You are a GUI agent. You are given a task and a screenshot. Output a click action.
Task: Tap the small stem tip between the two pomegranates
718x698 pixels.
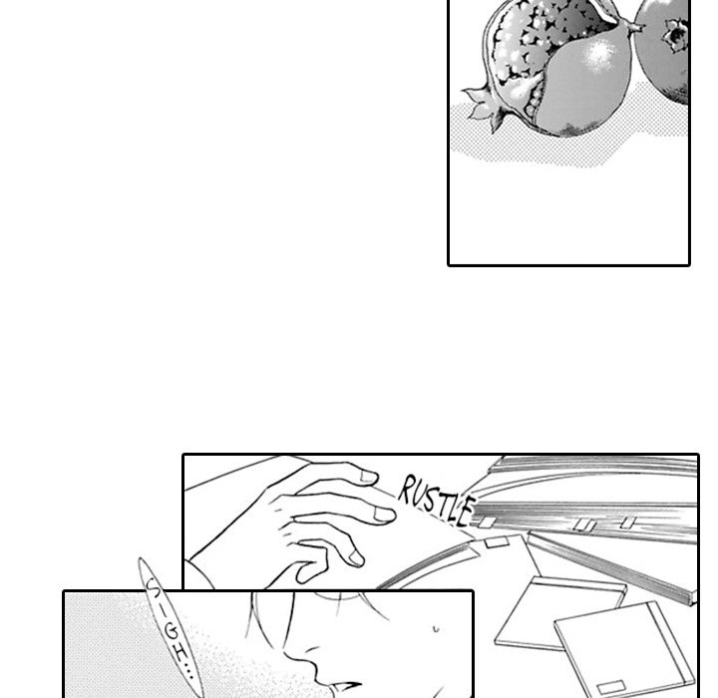[636, 28]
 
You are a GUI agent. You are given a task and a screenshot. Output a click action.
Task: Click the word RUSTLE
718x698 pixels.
[436, 501]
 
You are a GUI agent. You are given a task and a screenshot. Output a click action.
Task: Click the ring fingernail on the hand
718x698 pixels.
[356, 558]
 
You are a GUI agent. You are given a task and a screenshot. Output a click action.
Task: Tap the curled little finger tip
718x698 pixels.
[303, 574]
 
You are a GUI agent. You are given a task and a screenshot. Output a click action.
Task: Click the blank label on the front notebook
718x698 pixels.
[611, 687]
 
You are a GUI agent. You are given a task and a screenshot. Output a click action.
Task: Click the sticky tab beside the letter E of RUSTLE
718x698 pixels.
[487, 523]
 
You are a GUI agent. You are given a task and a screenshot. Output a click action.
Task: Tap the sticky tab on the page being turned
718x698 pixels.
[497, 542]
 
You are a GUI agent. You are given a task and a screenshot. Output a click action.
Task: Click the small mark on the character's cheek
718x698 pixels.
[436, 629]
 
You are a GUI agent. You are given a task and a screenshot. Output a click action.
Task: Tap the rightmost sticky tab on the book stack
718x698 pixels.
[628, 523]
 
